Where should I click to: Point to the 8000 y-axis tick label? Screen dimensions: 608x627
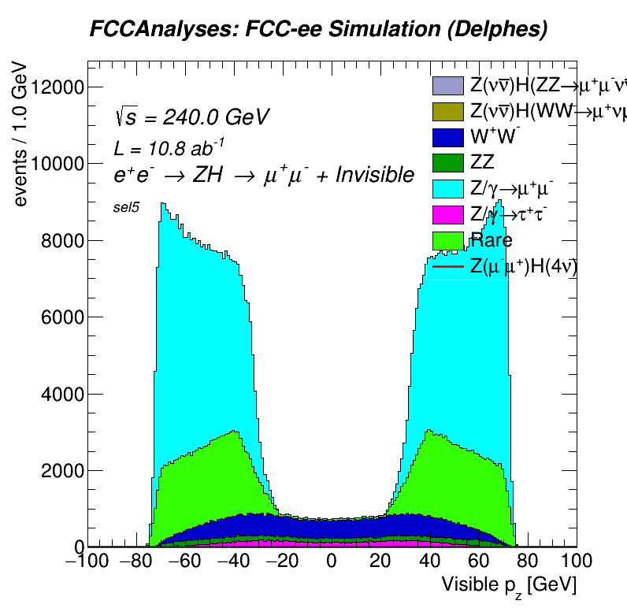57,241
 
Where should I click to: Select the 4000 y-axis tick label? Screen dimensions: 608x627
57,395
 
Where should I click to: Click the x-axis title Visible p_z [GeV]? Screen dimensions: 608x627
509,585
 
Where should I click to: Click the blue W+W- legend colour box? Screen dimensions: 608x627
448,137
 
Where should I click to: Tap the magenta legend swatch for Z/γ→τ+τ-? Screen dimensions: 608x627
448,214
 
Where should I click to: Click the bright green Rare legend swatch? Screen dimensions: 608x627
448,240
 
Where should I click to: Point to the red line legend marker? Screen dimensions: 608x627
448,267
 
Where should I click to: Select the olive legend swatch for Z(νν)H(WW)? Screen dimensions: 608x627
448,111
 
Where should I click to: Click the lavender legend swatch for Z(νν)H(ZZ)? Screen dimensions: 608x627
448,85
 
